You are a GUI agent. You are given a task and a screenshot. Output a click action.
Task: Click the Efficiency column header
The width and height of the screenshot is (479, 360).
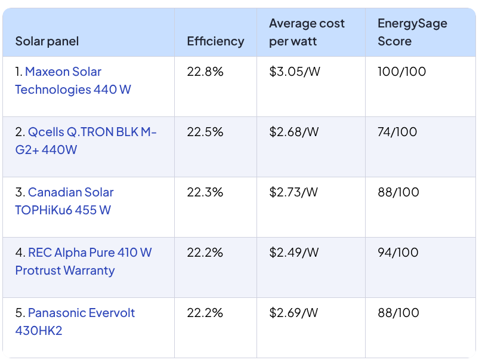[x=215, y=41]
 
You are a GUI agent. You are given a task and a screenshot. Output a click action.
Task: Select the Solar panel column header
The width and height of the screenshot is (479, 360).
[x=47, y=41]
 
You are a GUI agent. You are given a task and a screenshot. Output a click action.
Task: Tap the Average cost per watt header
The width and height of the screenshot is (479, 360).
[x=307, y=32]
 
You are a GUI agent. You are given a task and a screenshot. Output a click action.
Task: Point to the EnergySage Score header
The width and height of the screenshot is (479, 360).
[x=412, y=32]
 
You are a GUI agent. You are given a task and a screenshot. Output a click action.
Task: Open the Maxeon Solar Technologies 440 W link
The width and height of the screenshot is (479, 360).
[x=63, y=72]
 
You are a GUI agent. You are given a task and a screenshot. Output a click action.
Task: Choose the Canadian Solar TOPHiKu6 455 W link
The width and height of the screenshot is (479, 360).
[x=70, y=193]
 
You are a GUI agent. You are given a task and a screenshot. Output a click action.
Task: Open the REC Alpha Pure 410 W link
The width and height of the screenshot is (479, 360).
[x=89, y=253]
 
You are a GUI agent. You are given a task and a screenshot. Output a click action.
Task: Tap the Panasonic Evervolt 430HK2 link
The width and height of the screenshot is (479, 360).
[x=81, y=313]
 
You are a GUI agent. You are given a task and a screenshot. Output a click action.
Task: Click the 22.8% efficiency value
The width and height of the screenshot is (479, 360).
[x=205, y=72]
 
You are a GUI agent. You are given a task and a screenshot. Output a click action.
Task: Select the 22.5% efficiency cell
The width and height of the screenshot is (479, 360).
[x=205, y=133]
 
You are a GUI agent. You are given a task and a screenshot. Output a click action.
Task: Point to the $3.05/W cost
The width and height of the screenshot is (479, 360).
[x=293, y=72]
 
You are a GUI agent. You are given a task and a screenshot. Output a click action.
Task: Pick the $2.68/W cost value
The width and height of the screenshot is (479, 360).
[x=293, y=133]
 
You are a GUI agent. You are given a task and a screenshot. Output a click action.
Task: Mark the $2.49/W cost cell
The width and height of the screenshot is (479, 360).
[x=293, y=253]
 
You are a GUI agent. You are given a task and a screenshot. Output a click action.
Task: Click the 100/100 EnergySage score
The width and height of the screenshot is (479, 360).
[x=401, y=72]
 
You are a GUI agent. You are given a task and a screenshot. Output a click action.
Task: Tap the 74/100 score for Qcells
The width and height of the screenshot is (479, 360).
[x=397, y=133]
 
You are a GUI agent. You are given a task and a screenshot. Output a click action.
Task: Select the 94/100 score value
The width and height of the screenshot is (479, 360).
[x=398, y=253]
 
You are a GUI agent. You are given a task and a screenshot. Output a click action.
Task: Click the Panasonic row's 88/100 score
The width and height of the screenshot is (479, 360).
[x=398, y=313]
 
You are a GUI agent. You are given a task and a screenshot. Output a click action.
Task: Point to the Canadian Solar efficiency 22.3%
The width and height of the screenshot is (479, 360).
[x=205, y=193]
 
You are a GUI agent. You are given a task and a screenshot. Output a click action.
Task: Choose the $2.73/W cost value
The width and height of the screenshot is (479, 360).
[x=293, y=193]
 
